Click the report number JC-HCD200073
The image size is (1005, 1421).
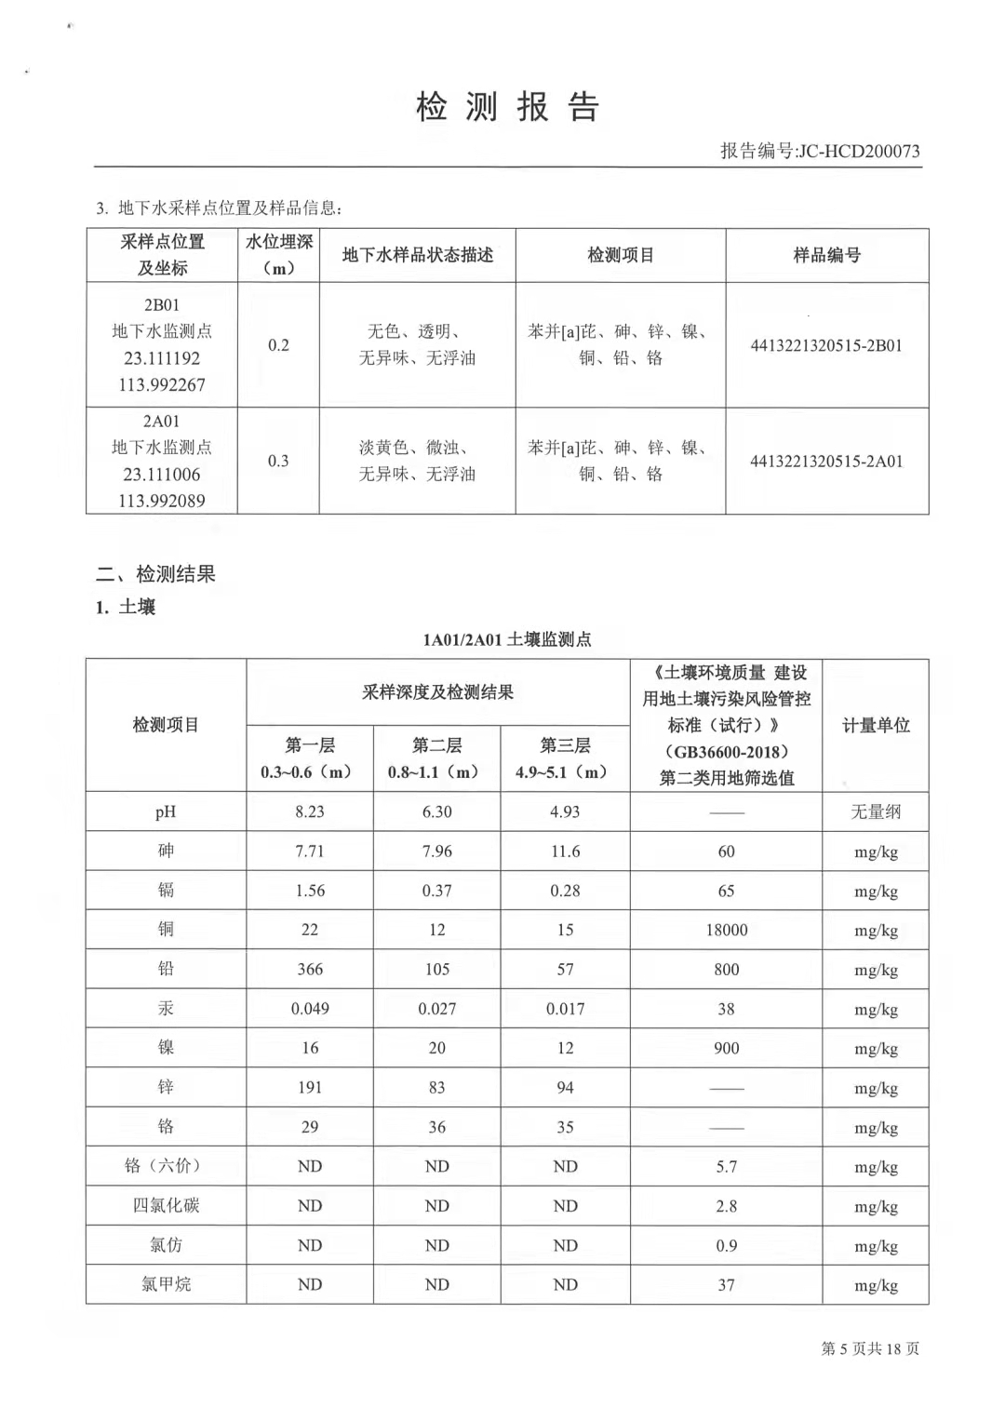click(858, 151)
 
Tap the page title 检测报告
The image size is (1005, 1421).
click(507, 107)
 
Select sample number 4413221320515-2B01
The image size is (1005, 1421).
click(826, 345)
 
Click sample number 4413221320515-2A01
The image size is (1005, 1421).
click(826, 461)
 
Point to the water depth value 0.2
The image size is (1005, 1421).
click(278, 345)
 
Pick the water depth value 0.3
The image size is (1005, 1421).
click(278, 461)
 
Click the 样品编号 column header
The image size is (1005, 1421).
click(826, 255)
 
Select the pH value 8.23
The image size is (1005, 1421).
click(310, 811)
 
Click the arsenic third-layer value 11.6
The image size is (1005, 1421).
click(565, 851)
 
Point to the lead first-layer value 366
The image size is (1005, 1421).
click(310, 969)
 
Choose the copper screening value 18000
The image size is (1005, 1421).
click(726, 930)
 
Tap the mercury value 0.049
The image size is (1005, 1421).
click(310, 1009)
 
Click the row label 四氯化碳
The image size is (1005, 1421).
click(166, 1205)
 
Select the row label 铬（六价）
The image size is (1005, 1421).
click(166, 1166)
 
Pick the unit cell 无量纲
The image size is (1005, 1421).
click(876, 811)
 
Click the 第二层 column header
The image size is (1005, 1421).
click(436, 745)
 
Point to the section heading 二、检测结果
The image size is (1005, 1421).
click(155, 574)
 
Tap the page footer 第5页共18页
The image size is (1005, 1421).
click(869, 1348)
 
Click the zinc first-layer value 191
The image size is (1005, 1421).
click(310, 1087)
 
